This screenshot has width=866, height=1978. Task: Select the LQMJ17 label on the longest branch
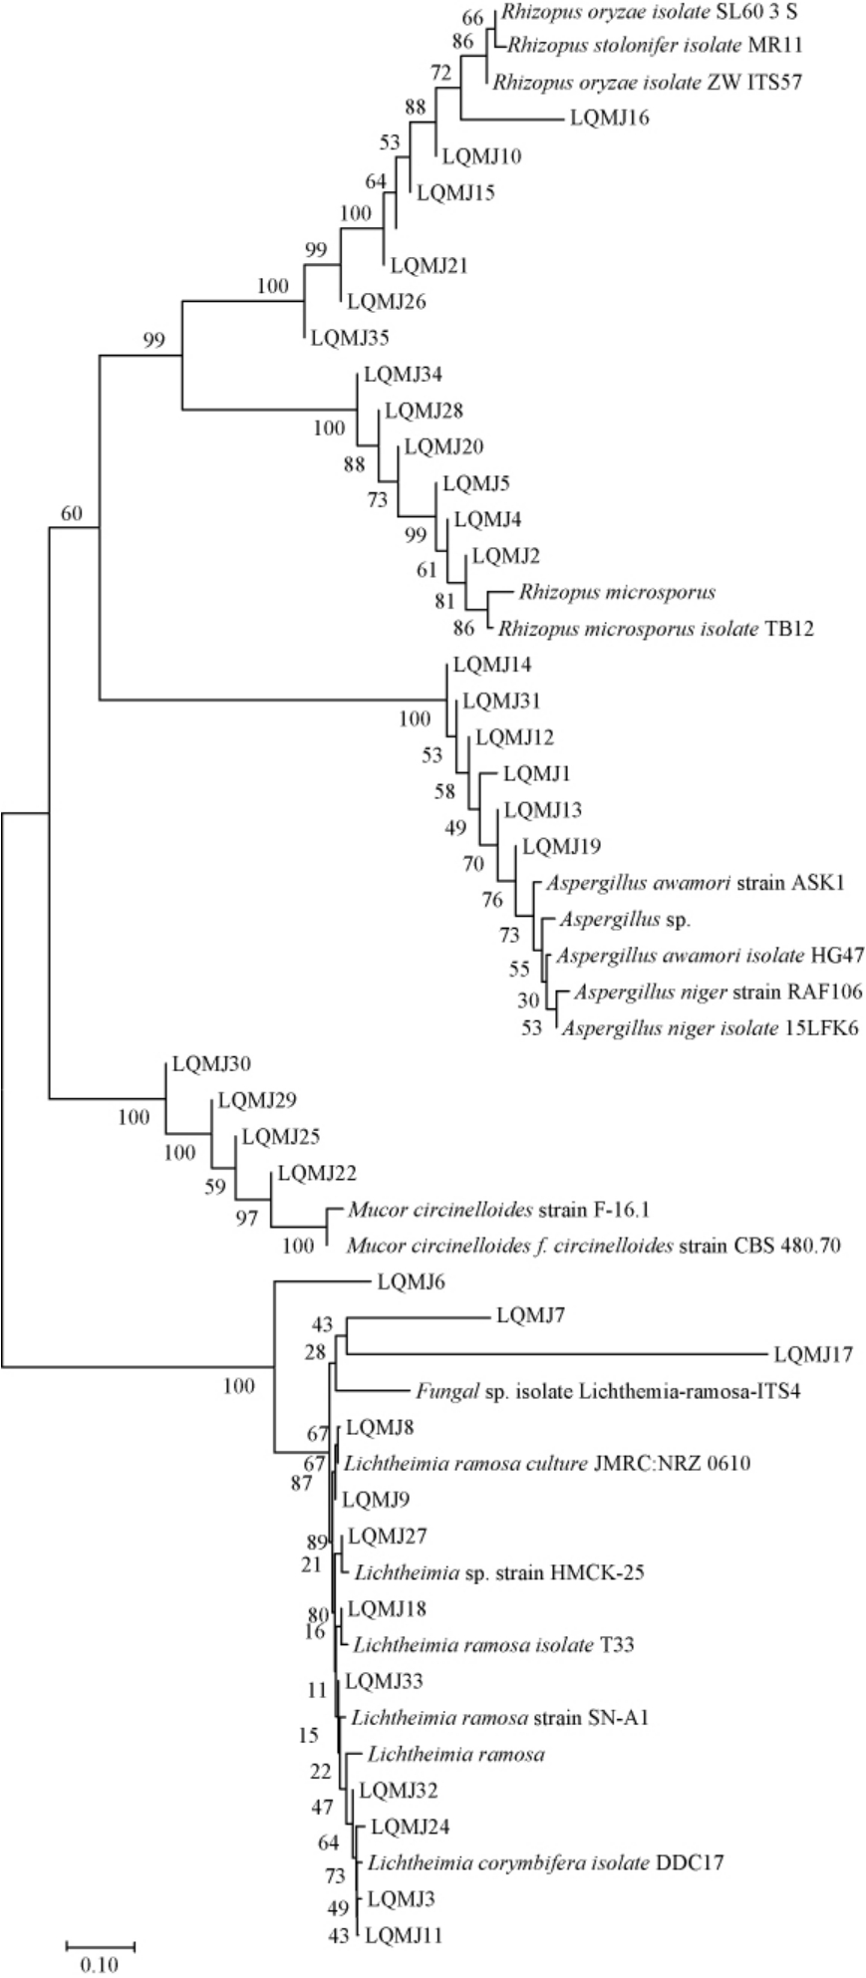click(x=813, y=1354)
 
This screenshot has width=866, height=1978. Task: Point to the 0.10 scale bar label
click(x=99, y=1965)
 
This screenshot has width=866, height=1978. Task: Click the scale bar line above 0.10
click(x=100, y=1943)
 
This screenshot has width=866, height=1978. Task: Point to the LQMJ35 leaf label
click(x=350, y=337)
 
